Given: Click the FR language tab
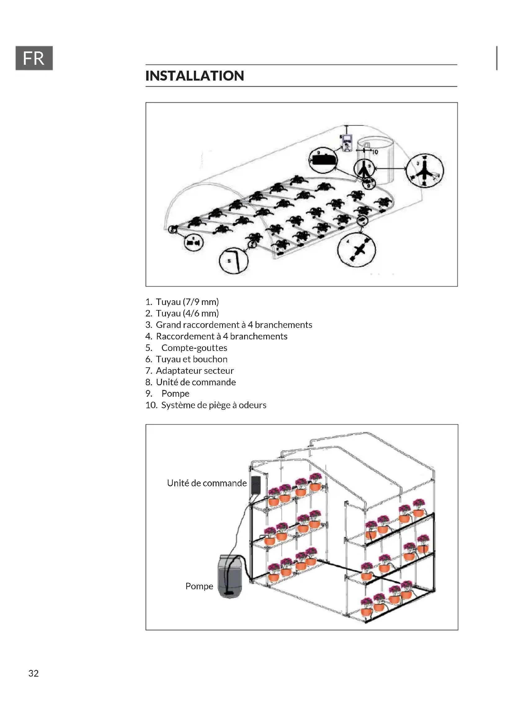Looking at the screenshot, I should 34,58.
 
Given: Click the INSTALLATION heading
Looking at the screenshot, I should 194,76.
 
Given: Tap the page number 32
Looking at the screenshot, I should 33,673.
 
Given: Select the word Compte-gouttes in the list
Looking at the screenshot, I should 194,348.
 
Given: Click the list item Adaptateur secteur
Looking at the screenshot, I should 194,370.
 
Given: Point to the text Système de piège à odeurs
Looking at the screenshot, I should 213,405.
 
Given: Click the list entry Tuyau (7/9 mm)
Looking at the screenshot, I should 187,302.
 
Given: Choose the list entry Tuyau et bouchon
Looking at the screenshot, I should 191,359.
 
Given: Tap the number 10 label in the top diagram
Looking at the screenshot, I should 375,152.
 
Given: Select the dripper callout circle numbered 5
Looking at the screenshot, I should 234,260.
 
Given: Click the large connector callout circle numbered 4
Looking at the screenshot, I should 357,250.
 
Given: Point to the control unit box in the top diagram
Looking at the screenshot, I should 347,143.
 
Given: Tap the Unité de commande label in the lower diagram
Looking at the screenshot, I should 207,483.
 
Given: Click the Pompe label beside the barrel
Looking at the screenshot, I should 199,586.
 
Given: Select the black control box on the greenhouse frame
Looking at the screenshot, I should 256,484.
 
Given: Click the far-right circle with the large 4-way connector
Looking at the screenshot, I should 425,171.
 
